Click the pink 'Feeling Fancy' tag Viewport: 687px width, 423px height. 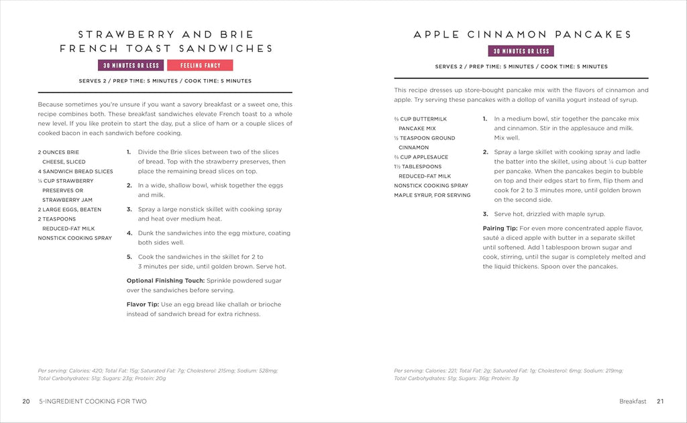pyautogui.click(x=200, y=66)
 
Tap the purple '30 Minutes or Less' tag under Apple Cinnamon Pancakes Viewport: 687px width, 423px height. pyautogui.click(x=521, y=51)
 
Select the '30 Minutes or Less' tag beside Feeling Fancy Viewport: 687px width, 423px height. pyautogui.click(x=131, y=66)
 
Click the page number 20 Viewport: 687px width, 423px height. pyautogui.click(x=25, y=402)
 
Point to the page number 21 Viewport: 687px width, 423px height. pyautogui.click(x=660, y=402)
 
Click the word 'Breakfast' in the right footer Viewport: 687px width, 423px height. pyautogui.click(x=633, y=402)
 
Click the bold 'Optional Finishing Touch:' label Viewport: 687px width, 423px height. pyautogui.click(x=166, y=280)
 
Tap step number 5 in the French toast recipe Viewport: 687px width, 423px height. pyautogui.click(x=129, y=257)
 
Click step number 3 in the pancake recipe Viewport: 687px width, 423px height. pyautogui.click(x=485, y=215)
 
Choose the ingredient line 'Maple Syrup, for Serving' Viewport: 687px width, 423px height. pyautogui.click(x=432, y=195)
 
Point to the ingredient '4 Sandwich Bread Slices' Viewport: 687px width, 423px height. pyautogui.click(x=75, y=172)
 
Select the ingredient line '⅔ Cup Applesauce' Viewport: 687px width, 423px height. pyautogui.click(x=421, y=157)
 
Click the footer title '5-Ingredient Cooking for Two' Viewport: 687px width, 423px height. pyautogui.click(x=94, y=402)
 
